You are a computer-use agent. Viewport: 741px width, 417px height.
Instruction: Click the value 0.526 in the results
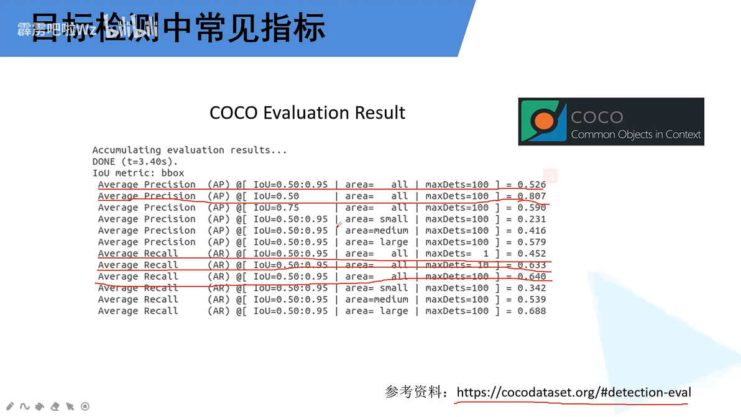pyautogui.click(x=532, y=185)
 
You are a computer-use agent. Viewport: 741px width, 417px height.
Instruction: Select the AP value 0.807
pyautogui.click(x=532, y=196)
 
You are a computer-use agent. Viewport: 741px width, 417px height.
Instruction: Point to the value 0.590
pyautogui.click(x=532, y=208)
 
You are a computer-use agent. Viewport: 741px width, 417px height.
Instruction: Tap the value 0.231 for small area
pyautogui.click(x=532, y=219)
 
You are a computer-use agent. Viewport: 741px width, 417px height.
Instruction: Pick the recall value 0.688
pyautogui.click(x=532, y=311)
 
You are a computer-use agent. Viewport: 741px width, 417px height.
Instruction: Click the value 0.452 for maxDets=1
pyautogui.click(x=532, y=254)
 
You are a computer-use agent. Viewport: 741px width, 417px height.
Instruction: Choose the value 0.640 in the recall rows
pyautogui.click(x=532, y=277)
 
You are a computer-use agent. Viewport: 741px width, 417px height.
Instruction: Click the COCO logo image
pyautogui.click(x=610, y=122)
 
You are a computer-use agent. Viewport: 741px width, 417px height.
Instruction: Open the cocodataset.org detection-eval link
pyautogui.click(x=573, y=393)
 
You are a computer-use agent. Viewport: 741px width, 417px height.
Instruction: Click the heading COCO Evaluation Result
pyautogui.click(x=307, y=112)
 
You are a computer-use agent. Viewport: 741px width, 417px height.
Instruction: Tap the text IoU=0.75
pyautogui.click(x=276, y=208)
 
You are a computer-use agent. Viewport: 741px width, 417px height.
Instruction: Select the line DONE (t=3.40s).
pyautogui.click(x=134, y=162)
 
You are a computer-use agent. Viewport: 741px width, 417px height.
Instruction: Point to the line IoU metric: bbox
pyautogui.click(x=138, y=173)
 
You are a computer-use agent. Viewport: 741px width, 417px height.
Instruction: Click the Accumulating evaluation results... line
pyautogui.click(x=190, y=150)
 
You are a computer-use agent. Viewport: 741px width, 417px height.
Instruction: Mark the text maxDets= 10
pyautogui.click(x=457, y=265)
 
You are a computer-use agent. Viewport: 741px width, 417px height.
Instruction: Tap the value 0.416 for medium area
pyautogui.click(x=532, y=231)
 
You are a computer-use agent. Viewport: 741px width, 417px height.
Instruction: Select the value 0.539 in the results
pyautogui.click(x=532, y=300)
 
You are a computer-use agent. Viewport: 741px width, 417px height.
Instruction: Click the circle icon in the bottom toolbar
pyautogui.click(x=85, y=406)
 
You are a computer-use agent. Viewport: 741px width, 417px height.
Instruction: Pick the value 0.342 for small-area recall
pyautogui.click(x=532, y=288)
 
